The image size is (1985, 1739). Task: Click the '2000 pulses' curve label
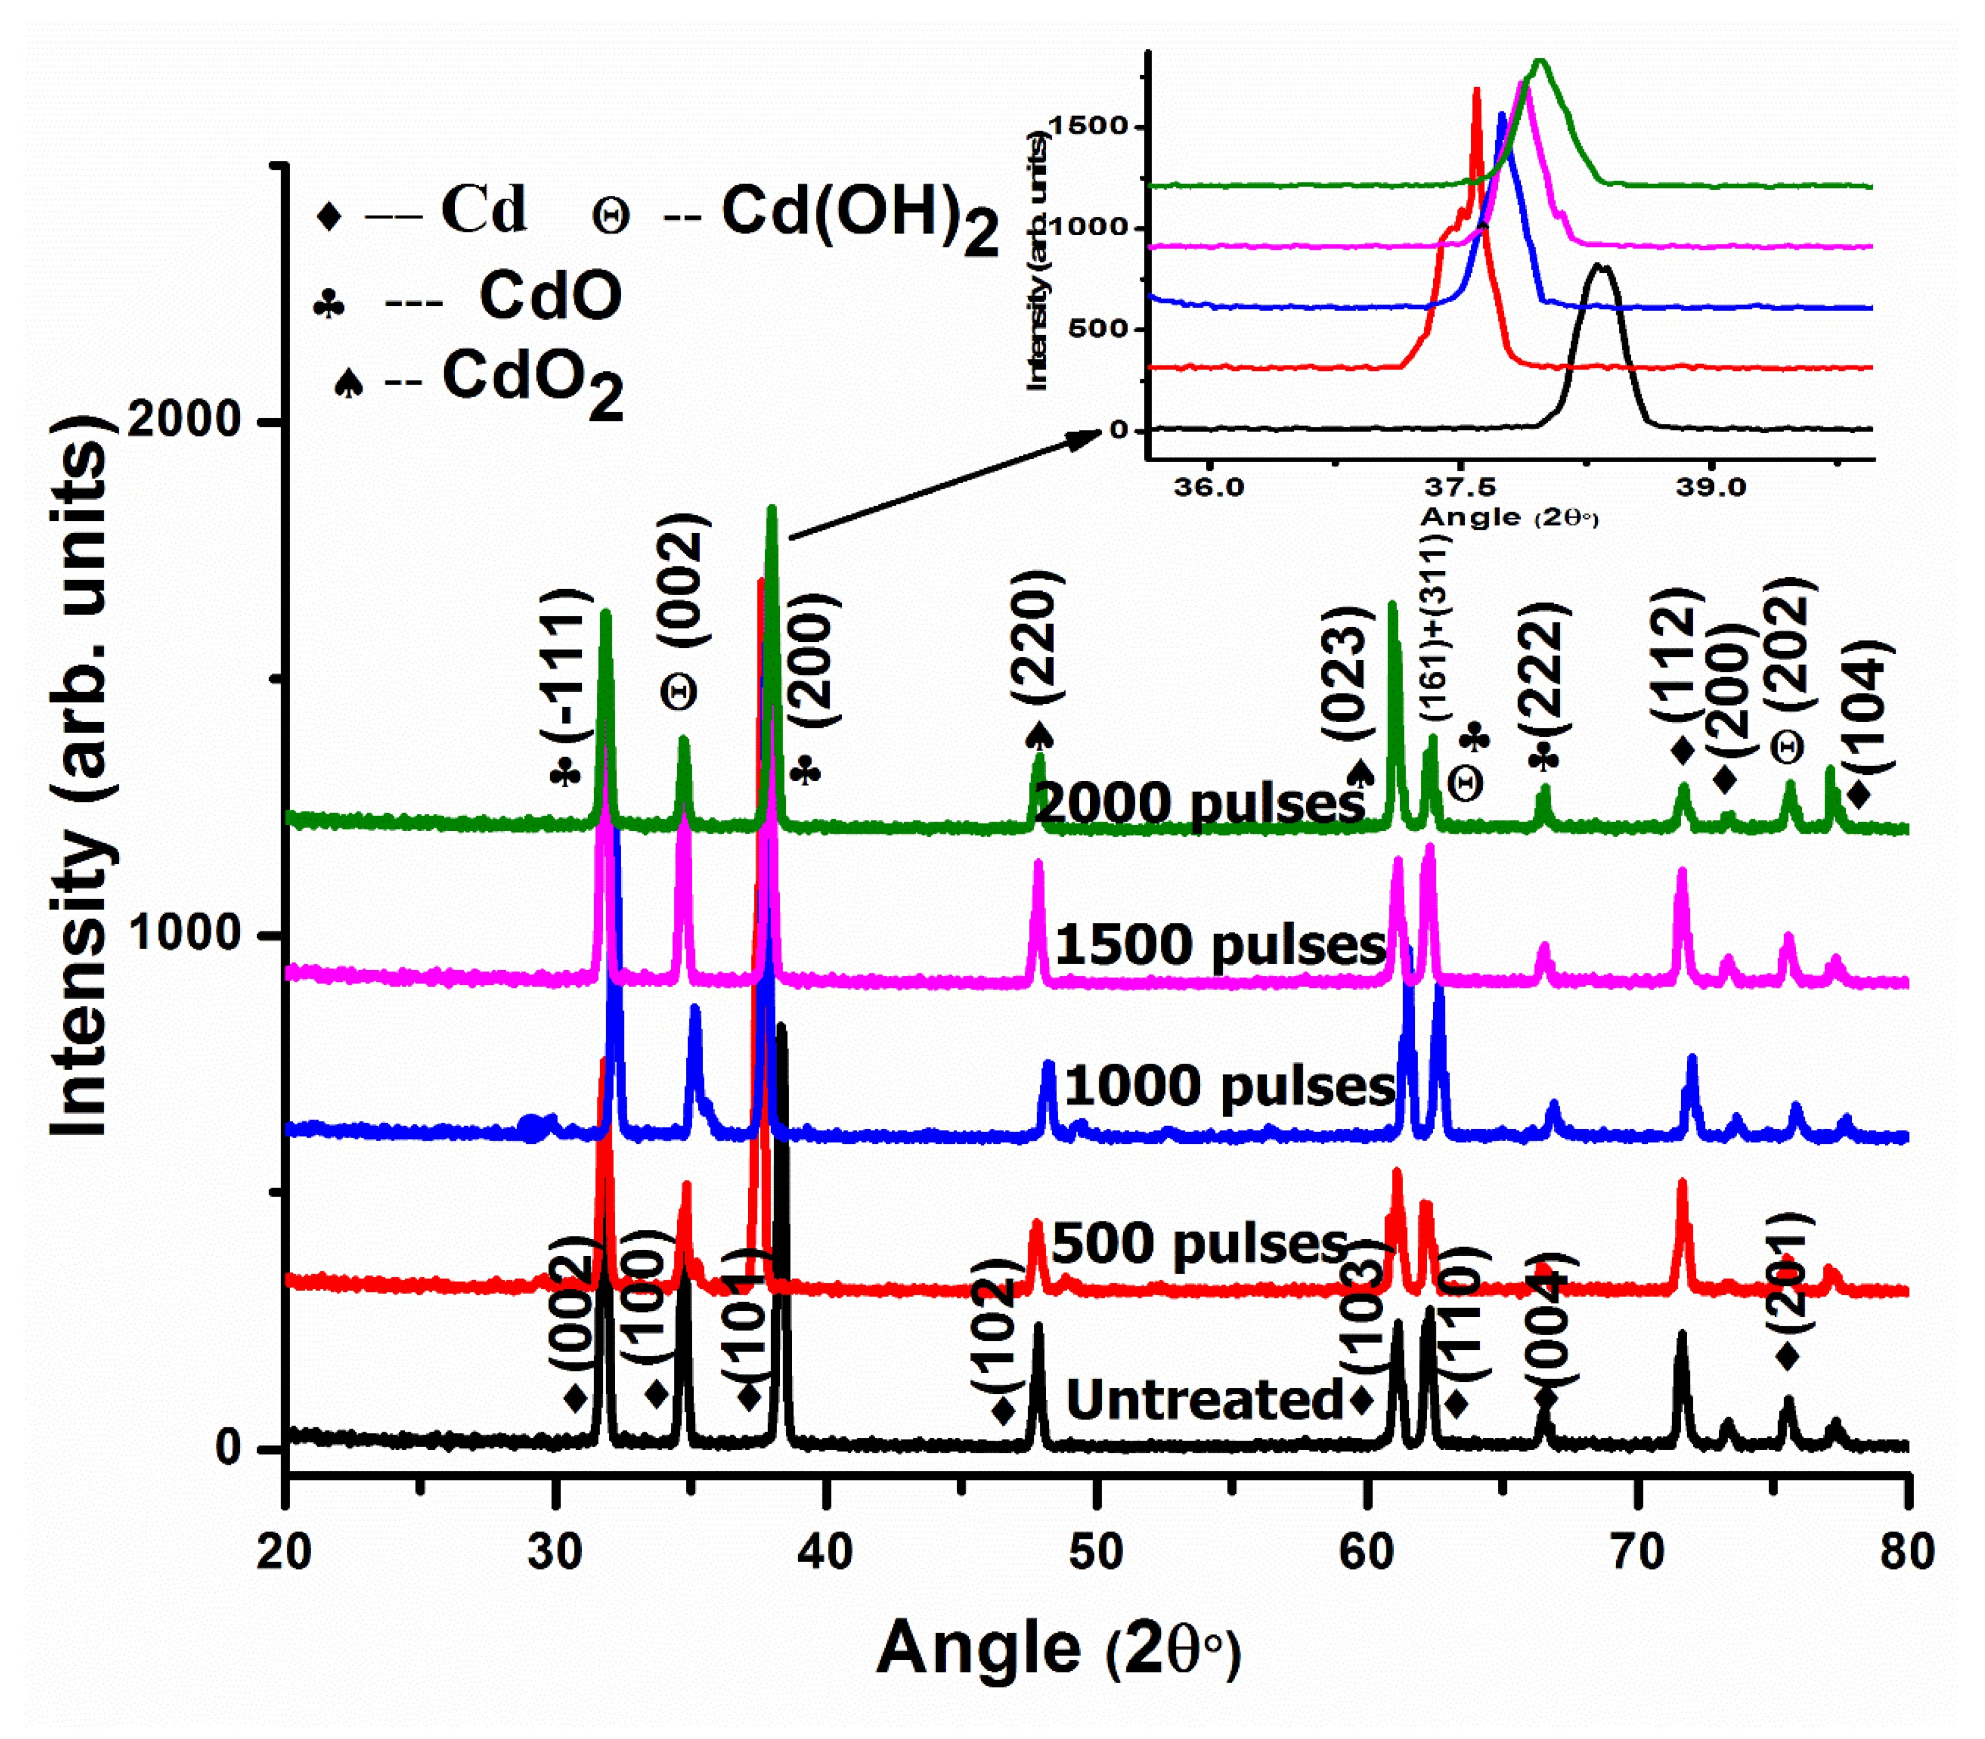(x=1200, y=804)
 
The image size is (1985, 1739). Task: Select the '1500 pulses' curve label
(x=1220, y=944)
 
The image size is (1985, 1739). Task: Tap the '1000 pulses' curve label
(x=1229, y=1085)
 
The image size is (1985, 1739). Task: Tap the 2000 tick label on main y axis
(x=184, y=420)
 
